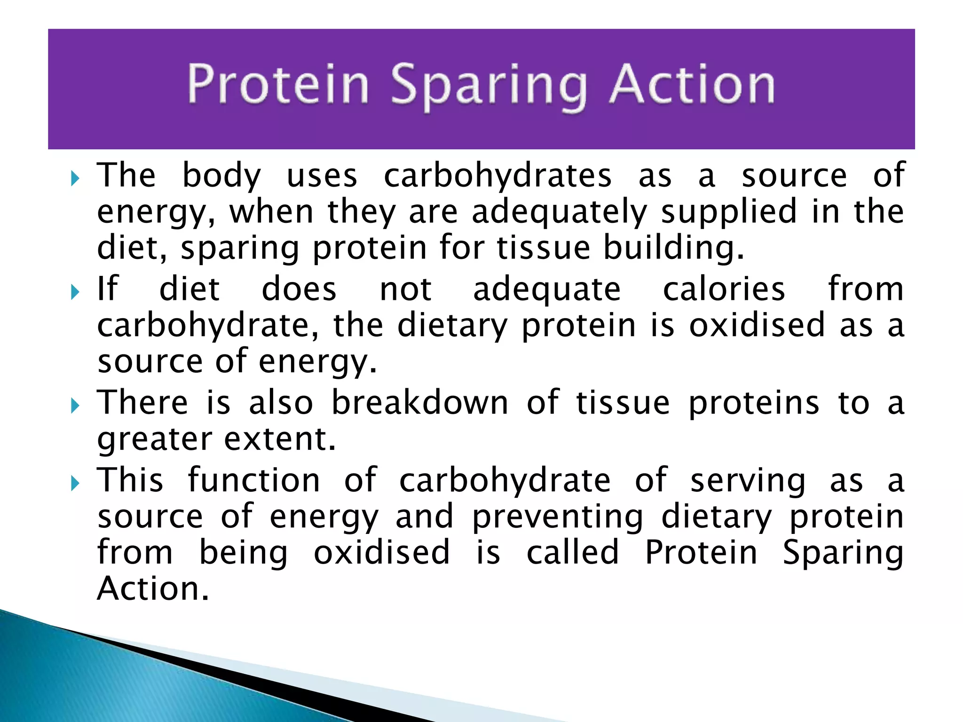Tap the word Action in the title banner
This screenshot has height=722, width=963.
click(x=692, y=85)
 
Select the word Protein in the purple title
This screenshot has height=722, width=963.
click(x=278, y=85)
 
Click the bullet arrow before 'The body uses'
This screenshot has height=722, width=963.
click(x=75, y=178)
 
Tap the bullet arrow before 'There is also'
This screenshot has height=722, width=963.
click(x=75, y=406)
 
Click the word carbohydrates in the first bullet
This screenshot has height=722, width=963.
click(x=497, y=176)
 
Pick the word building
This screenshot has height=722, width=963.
click(x=673, y=248)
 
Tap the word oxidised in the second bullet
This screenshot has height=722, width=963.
click(x=757, y=325)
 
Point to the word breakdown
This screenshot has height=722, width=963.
click(x=420, y=403)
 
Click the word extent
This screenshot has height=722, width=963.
click(x=280, y=439)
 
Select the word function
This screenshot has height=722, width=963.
click(x=254, y=480)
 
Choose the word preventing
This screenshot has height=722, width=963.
click(x=558, y=517)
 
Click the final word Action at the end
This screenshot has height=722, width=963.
click(x=153, y=589)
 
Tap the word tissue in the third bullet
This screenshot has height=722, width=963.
click(x=623, y=403)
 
